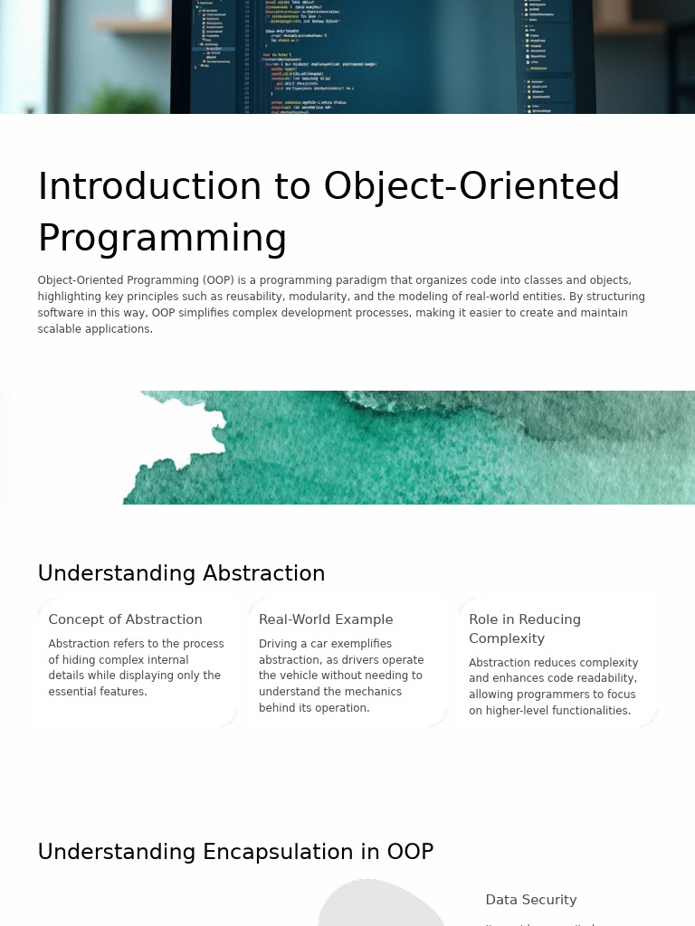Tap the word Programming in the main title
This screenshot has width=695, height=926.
click(162, 239)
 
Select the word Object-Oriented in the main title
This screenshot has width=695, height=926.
click(471, 187)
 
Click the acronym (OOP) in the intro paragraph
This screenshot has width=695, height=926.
click(218, 280)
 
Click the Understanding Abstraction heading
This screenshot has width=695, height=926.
click(181, 574)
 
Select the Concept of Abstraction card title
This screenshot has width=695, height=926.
click(125, 619)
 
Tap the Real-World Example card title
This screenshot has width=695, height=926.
click(326, 619)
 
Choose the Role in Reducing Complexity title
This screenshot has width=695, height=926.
click(524, 628)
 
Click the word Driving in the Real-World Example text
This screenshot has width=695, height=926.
click(278, 644)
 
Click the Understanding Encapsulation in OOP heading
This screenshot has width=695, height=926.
click(235, 853)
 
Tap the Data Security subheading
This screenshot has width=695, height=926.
click(530, 900)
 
